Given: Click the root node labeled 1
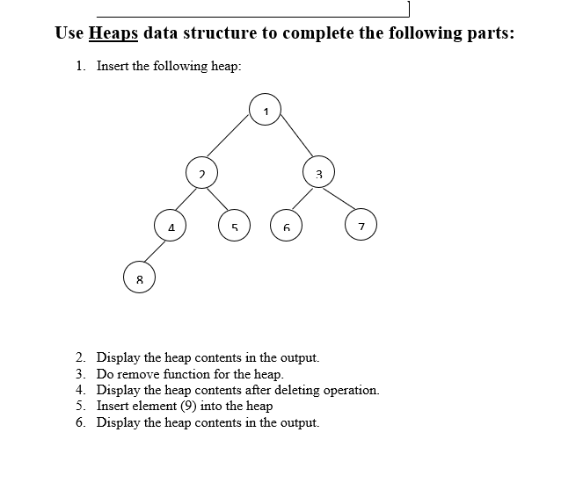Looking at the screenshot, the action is (266, 109).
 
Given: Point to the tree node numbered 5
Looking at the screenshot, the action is (235, 227).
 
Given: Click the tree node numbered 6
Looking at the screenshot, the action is (286, 227).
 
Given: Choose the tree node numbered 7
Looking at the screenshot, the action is (361, 227).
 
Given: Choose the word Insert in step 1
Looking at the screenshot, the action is (113, 66).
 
